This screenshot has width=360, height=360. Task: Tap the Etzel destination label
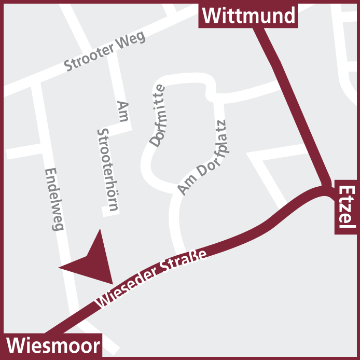tap(346, 207)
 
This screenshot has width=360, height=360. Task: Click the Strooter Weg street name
tap(104, 51)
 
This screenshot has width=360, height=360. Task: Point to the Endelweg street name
tap(54, 199)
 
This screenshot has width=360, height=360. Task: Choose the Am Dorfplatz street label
tap(203, 158)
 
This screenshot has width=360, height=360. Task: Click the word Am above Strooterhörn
tap(122, 111)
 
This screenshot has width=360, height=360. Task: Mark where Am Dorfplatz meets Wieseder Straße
tap(182, 248)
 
